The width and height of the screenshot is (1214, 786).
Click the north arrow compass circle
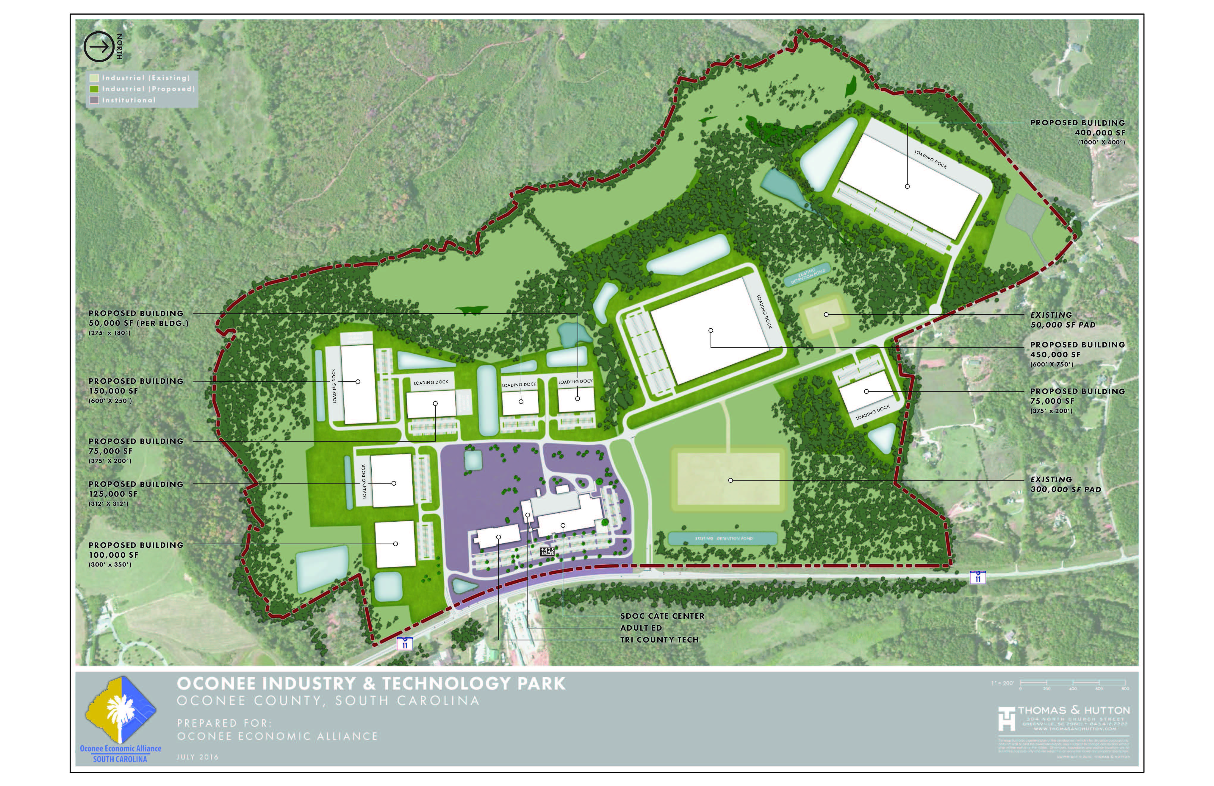98,47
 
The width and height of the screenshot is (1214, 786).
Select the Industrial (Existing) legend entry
146,78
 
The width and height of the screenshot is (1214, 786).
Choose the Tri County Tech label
659,640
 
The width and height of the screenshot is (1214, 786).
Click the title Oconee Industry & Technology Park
371,683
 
